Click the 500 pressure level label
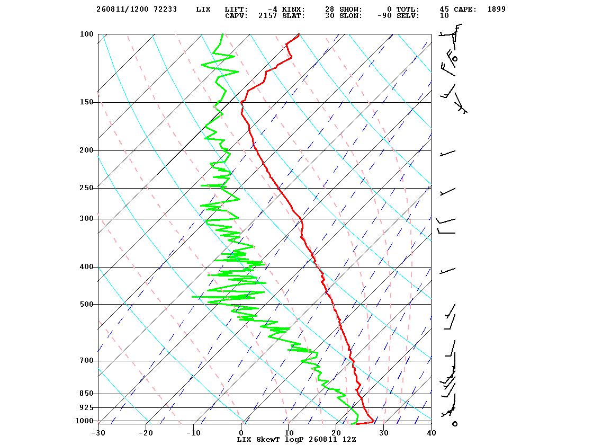coord(86,304)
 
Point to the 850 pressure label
coord(86,394)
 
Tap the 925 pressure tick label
coord(86,407)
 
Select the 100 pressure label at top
coord(86,34)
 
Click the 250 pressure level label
coord(86,188)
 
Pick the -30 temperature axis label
coord(98,433)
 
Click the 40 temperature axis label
coord(431,433)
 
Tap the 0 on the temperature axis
coord(241,433)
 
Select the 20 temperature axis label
coord(336,433)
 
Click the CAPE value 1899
coord(496,10)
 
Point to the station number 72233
coord(165,10)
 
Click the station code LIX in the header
coord(203,10)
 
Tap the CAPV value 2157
coord(267,16)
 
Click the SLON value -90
coord(384,16)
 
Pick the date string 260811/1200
coord(122,10)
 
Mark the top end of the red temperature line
coord(299,34)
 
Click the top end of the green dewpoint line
coord(222,34)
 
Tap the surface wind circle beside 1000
coord(455,424)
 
